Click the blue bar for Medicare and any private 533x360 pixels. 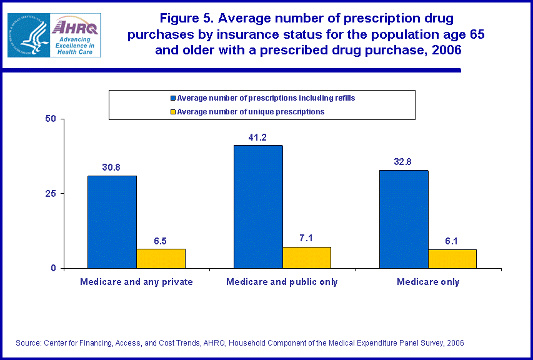click(x=112, y=222)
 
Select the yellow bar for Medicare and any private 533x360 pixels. click(x=161, y=259)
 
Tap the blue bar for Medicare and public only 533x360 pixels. click(x=258, y=207)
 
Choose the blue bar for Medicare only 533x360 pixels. click(x=404, y=219)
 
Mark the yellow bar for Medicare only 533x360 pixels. click(x=453, y=259)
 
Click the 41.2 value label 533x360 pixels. click(x=258, y=137)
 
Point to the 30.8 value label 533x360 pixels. click(x=112, y=167)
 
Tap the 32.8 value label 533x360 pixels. click(x=404, y=162)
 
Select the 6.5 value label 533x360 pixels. click(x=161, y=241)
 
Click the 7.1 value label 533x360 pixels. click(x=307, y=239)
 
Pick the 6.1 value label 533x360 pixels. click(x=453, y=241)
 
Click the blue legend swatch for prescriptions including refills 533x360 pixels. click(x=173, y=98)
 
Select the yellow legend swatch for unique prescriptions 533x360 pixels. click(x=173, y=112)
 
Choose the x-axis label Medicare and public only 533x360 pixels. click(x=282, y=282)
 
